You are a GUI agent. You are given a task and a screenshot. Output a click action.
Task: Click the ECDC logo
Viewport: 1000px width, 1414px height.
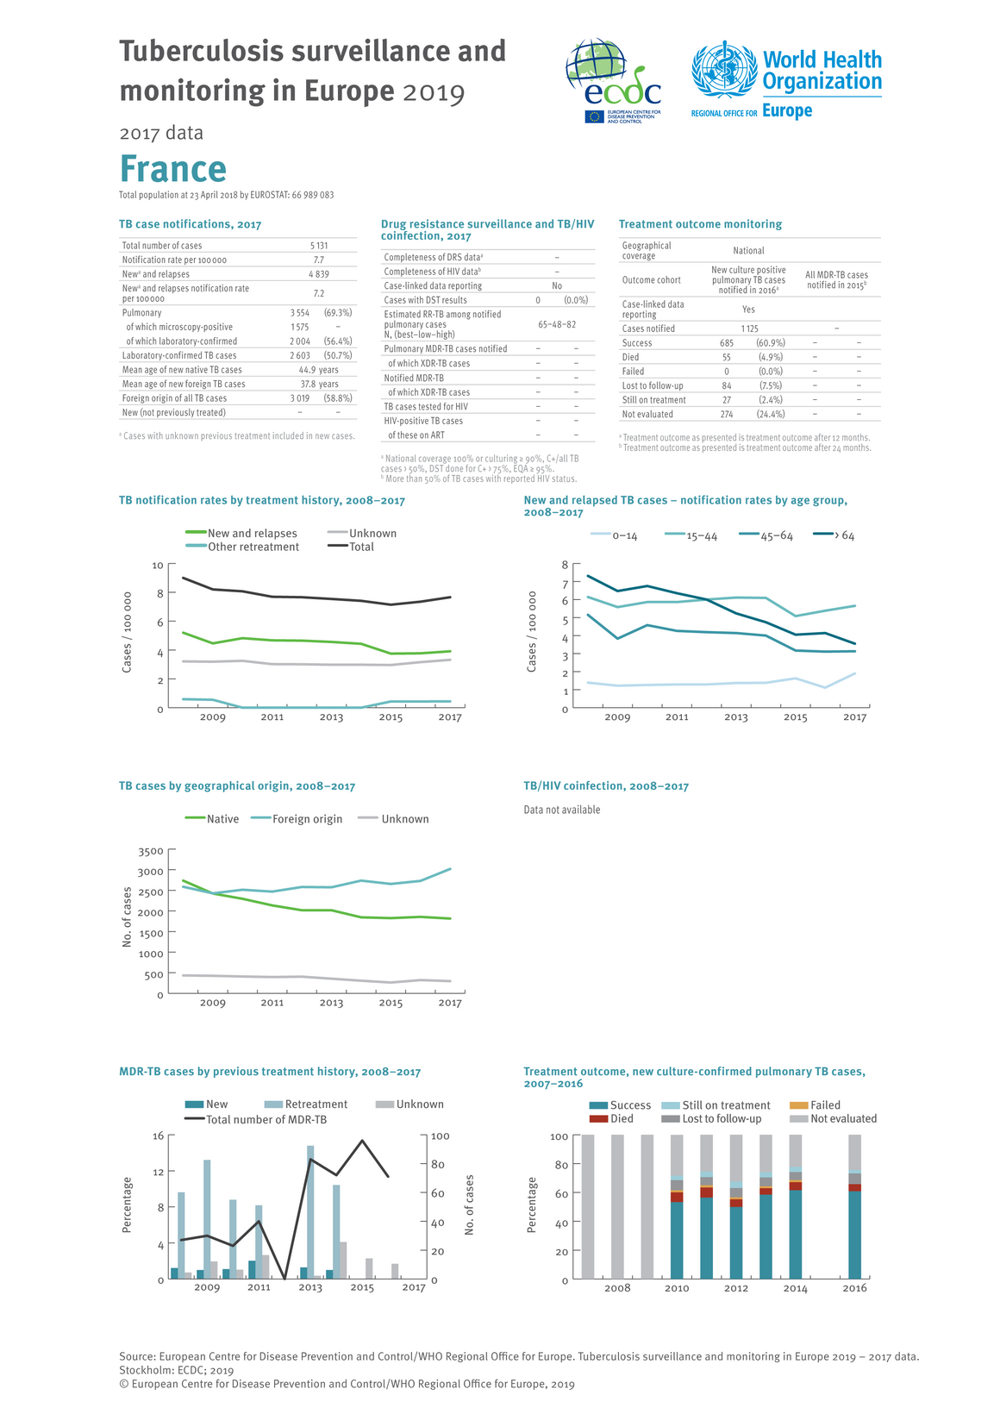pos(613,81)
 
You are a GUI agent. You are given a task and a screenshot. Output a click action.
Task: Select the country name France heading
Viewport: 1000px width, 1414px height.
pos(172,169)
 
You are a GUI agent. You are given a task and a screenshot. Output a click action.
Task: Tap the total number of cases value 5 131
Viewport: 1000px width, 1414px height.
pos(318,246)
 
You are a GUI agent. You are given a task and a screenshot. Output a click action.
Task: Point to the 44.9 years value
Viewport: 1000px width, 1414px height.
pos(318,370)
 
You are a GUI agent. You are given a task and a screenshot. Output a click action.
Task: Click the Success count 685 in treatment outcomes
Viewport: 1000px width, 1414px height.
pos(727,343)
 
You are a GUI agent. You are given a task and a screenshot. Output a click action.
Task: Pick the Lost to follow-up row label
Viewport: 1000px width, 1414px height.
pos(653,385)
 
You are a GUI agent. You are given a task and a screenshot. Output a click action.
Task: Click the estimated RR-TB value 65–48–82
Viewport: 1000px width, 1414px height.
pos(557,324)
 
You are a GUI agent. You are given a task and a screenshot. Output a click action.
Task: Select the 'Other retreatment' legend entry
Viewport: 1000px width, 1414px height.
pos(253,547)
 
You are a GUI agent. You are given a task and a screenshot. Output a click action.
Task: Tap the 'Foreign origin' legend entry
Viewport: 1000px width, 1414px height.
pos(307,819)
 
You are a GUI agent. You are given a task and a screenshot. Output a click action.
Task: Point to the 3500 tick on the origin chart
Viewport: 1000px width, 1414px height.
pos(151,852)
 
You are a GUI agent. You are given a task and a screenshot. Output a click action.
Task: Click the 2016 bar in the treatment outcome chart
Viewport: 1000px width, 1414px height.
pos(854,1207)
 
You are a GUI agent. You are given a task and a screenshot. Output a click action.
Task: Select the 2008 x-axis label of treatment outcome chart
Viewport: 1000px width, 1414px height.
pos(617,1288)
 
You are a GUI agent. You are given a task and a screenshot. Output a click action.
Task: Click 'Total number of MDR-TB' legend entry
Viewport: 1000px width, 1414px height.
pos(266,1119)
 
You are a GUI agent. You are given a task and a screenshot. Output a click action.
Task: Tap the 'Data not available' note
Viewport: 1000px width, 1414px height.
pos(562,810)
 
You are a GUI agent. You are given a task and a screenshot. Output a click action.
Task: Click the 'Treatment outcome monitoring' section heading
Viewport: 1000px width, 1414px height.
pos(700,224)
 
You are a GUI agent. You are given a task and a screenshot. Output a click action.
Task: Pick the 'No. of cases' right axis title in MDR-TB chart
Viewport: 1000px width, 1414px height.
pos(470,1205)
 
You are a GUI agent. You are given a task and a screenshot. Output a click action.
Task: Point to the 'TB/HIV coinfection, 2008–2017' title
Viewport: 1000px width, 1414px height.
pos(606,786)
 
